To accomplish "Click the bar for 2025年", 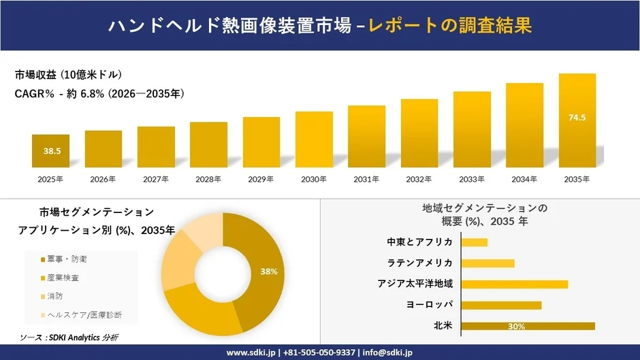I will (50, 151).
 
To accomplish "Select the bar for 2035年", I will (577, 120).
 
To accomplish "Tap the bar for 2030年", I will (314, 140).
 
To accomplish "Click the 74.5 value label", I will (577, 118).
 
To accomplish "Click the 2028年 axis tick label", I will (208, 179).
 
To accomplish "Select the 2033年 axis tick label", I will (472, 179).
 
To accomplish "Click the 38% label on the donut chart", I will (269, 272).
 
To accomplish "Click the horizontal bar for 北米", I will (528, 326).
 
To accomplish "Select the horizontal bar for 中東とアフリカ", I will (475, 242).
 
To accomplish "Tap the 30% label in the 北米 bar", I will (515, 327).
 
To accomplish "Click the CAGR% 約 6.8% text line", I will (99, 94).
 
